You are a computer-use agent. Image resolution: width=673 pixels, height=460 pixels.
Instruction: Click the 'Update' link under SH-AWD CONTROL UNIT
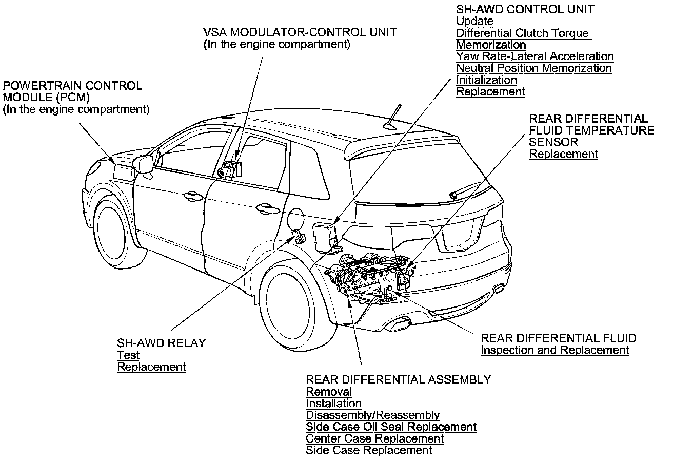474,22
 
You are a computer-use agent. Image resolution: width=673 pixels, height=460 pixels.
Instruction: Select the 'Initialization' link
486,80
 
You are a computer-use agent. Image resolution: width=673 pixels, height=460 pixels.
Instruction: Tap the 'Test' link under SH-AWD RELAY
128,355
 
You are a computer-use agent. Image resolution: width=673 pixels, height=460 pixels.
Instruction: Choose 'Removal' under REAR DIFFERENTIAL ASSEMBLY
329,392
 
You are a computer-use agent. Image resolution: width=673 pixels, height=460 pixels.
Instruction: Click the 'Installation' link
333,404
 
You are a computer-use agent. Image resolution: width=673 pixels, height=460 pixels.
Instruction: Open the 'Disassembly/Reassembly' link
372,415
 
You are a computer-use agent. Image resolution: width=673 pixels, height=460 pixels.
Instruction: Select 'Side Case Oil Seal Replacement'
391,427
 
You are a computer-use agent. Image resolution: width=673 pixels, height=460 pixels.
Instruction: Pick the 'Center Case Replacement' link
374,438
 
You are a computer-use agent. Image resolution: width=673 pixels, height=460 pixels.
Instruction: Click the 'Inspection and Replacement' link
555,350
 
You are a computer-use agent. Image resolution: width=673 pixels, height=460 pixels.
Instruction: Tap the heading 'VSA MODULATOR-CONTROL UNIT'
300,32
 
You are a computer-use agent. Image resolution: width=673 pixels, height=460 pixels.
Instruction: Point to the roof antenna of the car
393,117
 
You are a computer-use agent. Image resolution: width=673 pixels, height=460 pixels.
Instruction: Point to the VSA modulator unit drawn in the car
229,170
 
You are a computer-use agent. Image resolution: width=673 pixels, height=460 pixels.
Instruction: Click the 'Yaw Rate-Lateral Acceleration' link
535,56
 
